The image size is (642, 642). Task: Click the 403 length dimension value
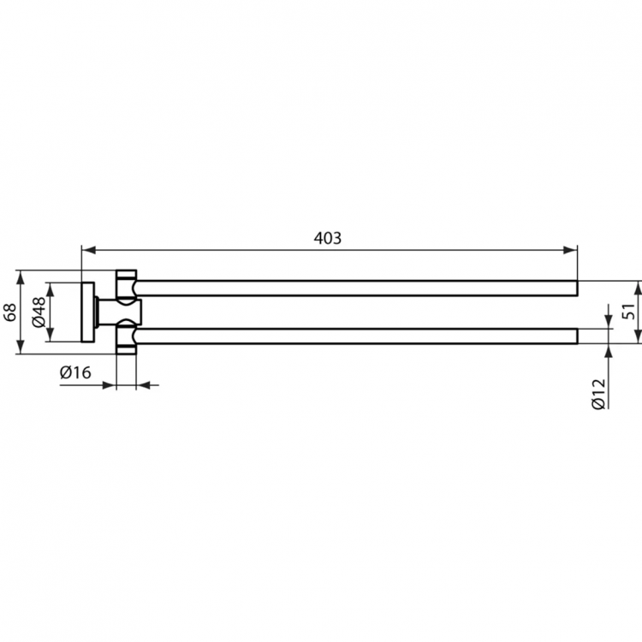tap(328, 239)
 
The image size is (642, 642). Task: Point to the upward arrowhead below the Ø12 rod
tap(608, 350)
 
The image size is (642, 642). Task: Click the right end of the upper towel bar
tap(575, 288)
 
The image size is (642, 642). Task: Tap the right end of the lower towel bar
tap(575, 336)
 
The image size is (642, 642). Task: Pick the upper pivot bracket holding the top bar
tap(127, 284)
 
